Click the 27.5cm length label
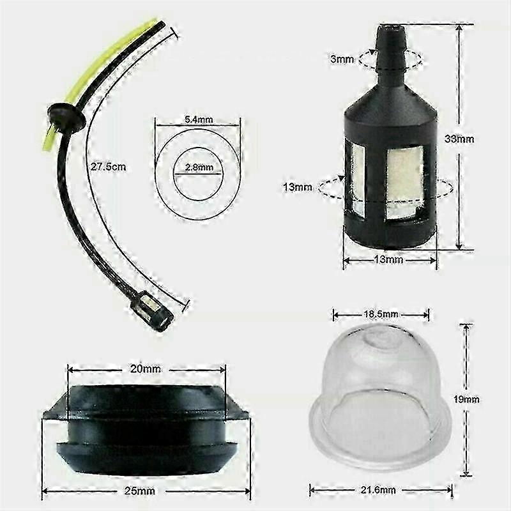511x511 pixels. pyautogui.click(x=108, y=167)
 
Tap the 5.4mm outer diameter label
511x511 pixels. pyautogui.click(x=199, y=119)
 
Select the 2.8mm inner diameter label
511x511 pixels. pyautogui.click(x=199, y=167)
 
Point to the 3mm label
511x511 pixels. pyautogui.click(x=342, y=59)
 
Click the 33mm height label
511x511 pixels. pyautogui.click(x=459, y=139)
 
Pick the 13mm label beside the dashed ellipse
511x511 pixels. pyautogui.click(x=298, y=187)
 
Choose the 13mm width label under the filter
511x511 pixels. pyautogui.click(x=388, y=260)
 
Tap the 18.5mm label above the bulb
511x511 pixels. pyautogui.click(x=381, y=314)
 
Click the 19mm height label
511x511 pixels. pyautogui.click(x=466, y=399)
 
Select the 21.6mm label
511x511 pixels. pyautogui.click(x=378, y=490)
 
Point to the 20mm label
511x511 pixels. pyautogui.click(x=146, y=369)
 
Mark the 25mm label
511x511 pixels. pyautogui.click(x=139, y=491)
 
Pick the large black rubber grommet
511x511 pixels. pyautogui.click(x=146, y=430)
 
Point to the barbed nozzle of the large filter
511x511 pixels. pyautogui.click(x=390, y=50)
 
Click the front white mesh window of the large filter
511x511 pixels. pyautogui.click(x=404, y=183)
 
